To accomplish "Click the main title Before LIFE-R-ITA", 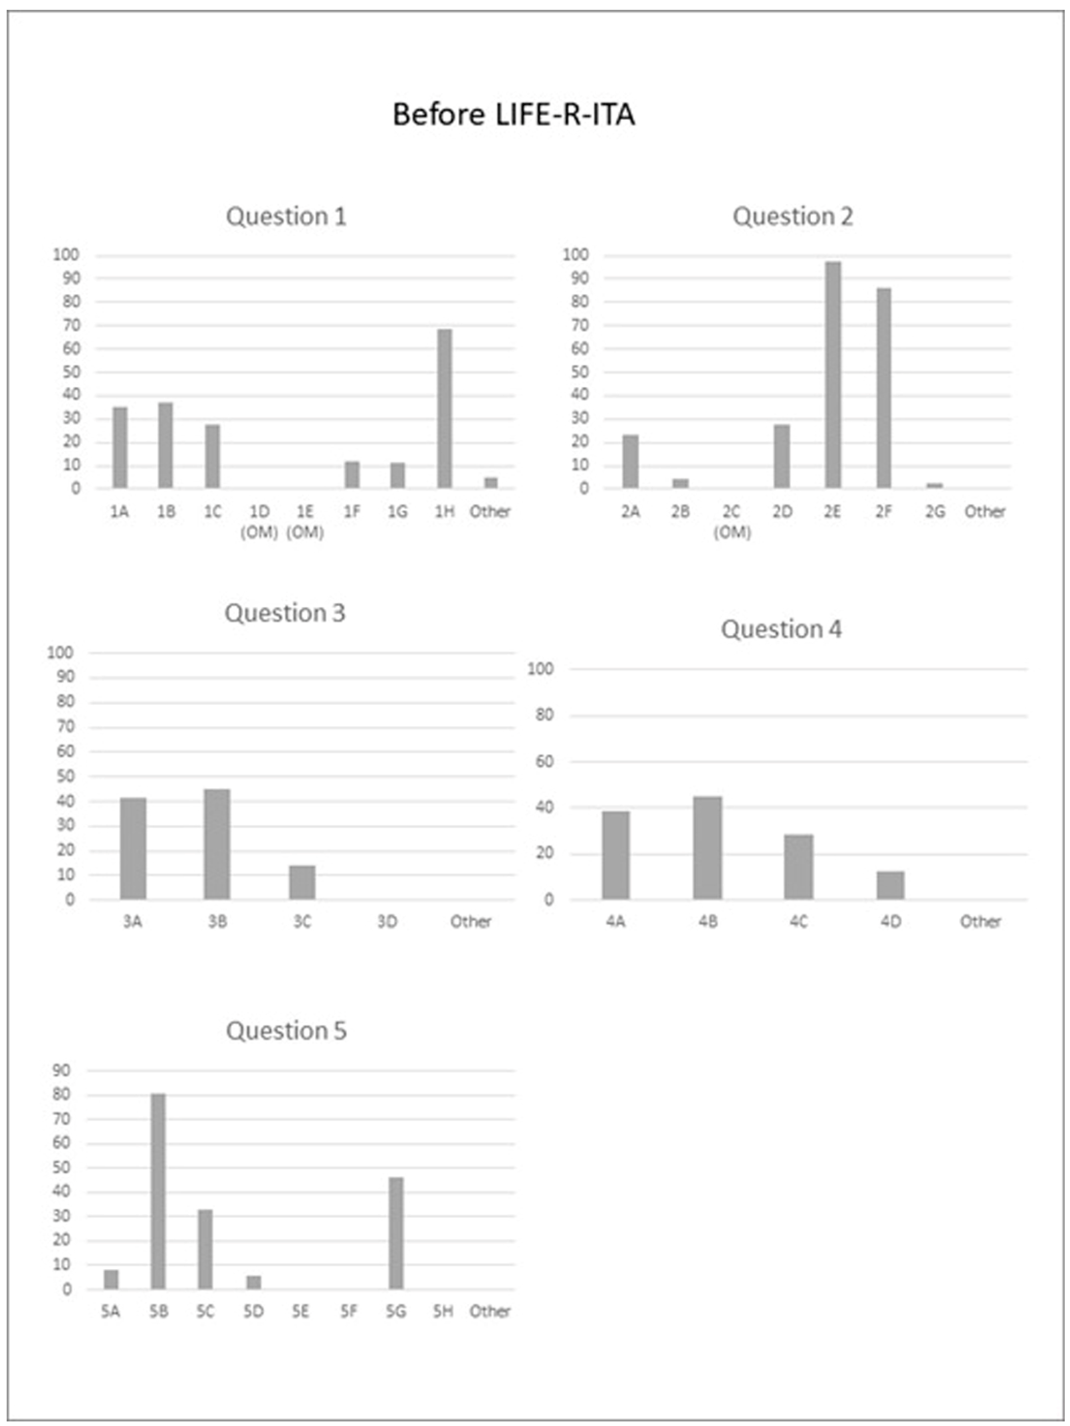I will [x=514, y=115].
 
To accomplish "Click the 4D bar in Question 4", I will [x=890, y=885].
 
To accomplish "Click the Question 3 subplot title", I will [x=285, y=612].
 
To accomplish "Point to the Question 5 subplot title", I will [x=286, y=1030].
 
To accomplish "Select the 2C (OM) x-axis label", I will [x=731, y=521].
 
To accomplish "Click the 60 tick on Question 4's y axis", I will [x=545, y=762].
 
